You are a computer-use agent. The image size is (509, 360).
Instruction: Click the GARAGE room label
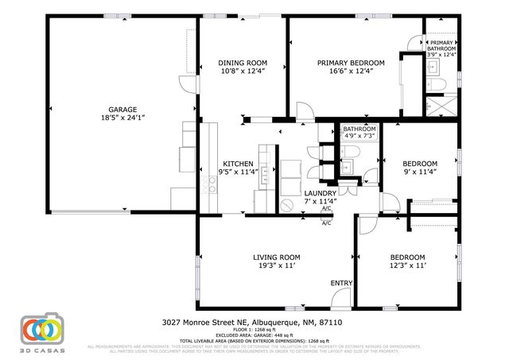[123, 109]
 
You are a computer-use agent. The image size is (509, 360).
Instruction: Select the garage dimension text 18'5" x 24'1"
[123, 118]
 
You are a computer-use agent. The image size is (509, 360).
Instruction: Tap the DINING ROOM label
[243, 63]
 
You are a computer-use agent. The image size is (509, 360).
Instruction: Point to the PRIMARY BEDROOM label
[351, 63]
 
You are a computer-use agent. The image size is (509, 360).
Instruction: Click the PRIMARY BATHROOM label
[442, 46]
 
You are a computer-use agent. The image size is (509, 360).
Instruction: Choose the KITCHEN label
[238, 164]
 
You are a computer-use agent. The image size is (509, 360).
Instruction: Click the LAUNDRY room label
[321, 193]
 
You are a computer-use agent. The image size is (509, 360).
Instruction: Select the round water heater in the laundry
[286, 204]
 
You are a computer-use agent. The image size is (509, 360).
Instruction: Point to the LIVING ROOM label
[276, 257]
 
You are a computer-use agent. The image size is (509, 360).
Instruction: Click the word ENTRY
[342, 283]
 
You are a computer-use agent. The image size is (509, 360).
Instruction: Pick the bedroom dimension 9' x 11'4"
[419, 172]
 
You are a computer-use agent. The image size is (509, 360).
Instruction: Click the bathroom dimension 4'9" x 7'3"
[359, 136]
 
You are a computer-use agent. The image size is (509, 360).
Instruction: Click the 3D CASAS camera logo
[41, 330]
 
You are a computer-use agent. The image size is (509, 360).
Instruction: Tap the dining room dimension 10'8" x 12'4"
[243, 72]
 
